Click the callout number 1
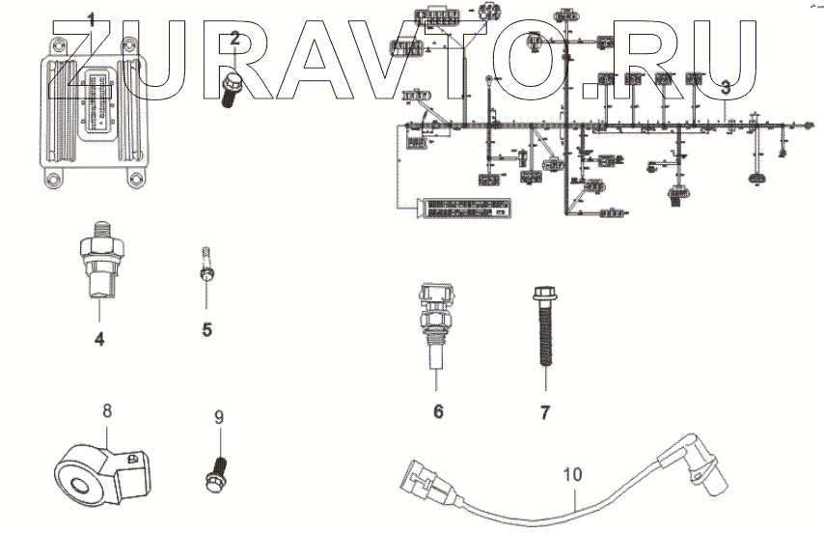(91, 20)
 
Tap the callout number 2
(234, 38)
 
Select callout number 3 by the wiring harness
(725, 86)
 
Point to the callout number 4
(99, 339)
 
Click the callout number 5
(206, 329)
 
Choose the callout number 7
(544, 412)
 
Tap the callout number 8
(107, 411)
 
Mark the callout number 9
(218, 417)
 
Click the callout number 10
(572, 474)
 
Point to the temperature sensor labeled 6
(436, 323)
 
